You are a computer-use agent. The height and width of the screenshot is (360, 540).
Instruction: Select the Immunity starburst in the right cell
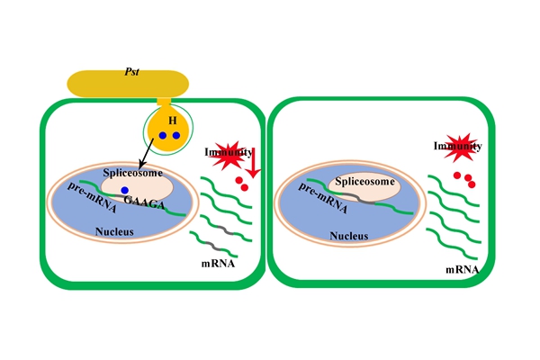(x=457, y=146)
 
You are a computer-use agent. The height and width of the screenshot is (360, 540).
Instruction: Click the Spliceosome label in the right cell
(x=365, y=182)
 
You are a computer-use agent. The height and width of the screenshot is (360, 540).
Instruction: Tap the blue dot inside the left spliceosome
(x=124, y=190)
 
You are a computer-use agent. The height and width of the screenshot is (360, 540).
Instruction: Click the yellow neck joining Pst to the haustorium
(x=163, y=101)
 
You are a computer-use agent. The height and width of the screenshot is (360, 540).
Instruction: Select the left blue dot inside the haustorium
(x=164, y=137)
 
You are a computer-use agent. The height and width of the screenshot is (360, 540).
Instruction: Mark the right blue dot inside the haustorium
(x=176, y=137)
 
